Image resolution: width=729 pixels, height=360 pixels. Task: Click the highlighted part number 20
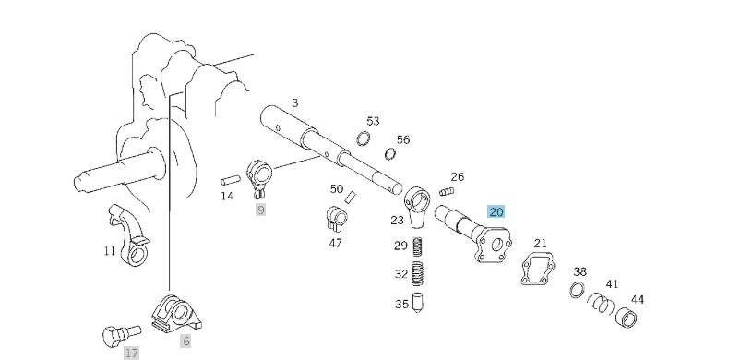tap(496, 211)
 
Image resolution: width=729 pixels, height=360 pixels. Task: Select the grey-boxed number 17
tap(132, 353)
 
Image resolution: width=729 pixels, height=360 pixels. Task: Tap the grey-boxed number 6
tap(185, 342)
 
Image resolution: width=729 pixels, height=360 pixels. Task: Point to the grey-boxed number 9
tap(261, 210)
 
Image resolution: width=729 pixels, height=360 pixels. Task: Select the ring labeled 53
tap(364, 139)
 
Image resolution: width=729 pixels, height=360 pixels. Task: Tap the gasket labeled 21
tap(537, 269)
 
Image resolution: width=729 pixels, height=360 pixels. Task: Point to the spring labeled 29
tap(416, 246)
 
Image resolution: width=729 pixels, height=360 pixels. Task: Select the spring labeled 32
tap(416, 275)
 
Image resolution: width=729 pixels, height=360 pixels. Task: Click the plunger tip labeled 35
tap(416, 302)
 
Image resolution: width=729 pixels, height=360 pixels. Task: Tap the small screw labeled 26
tap(448, 191)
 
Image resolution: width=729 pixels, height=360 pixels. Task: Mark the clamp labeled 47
tap(337, 220)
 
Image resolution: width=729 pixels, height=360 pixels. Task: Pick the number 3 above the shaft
tap(294, 102)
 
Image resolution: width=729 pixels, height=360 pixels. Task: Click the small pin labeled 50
tap(351, 197)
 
